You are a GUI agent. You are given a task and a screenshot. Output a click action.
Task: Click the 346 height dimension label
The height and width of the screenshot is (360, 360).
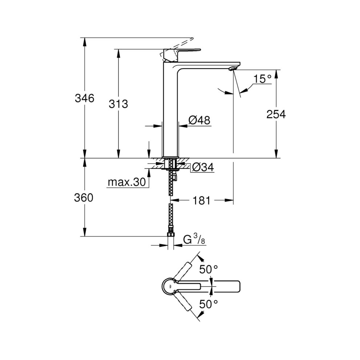(84, 98)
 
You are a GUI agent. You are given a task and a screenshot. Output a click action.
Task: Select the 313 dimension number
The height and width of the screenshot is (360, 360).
(119, 104)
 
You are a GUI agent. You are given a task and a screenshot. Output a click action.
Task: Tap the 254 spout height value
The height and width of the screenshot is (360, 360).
(276, 114)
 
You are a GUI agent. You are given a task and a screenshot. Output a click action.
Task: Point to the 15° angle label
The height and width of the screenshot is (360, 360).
(263, 79)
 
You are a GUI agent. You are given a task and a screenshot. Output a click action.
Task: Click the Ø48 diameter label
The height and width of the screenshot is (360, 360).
(199, 120)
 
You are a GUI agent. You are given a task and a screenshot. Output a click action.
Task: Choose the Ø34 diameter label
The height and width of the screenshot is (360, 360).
(202, 168)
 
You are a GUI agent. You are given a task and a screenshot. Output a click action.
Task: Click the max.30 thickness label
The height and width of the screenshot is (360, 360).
(126, 182)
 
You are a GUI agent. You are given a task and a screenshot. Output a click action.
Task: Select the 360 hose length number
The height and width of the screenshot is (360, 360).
(84, 198)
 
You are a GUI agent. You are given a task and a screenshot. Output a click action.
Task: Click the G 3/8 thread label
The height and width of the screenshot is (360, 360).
(194, 240)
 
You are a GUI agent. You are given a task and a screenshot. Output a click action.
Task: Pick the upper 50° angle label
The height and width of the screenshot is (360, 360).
(208, 269)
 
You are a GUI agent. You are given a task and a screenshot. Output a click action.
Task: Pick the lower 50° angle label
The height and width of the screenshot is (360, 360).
(208, 304)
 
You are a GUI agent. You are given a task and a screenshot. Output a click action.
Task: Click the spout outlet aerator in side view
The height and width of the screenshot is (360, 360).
(233, 68)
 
